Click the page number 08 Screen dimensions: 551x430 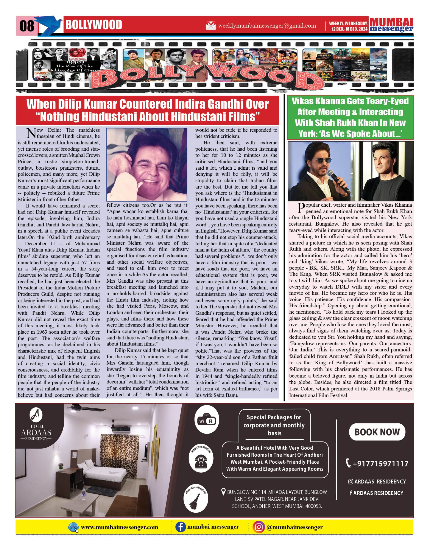(x=27, y=26)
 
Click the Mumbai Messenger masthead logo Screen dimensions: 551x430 (x=391, y=25)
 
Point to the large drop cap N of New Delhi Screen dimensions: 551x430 (x=31, y=133)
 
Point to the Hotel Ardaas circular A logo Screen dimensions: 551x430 (x=36, y=415)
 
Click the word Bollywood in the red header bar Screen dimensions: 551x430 (x=94, y=25)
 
